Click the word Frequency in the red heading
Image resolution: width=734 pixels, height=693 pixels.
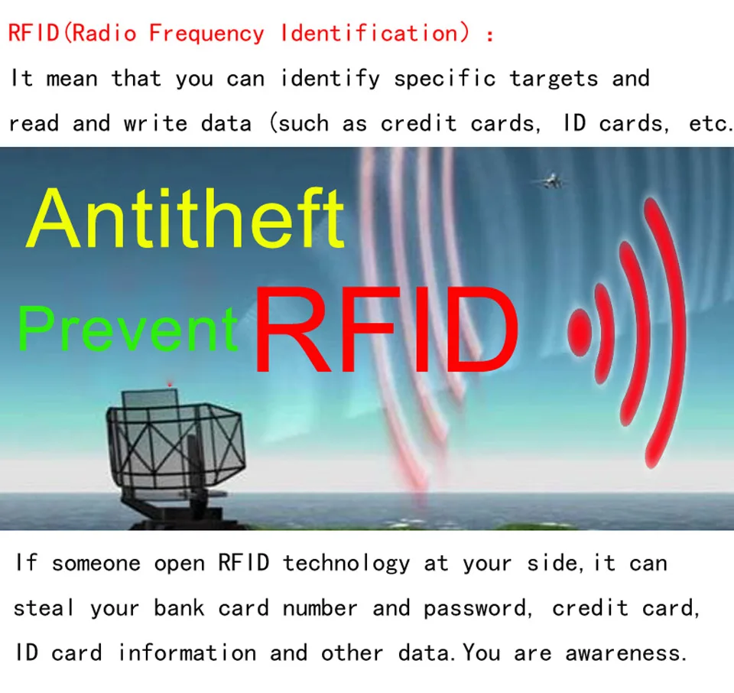(x=206, y=34)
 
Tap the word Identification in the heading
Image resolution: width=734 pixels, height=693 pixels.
(x=369, y=33)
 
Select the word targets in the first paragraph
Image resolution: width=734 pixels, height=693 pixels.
(x=554, y=79)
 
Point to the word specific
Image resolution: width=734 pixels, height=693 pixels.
(x=445, y=78)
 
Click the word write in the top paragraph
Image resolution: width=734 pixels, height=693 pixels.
(x=156, y=123)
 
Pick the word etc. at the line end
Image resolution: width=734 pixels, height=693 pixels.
(x=711, y=124)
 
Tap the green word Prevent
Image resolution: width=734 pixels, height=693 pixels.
(x=128, y=328)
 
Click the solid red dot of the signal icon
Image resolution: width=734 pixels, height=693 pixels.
(x=580, y=332)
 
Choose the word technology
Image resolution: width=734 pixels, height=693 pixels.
(x=346, y=563)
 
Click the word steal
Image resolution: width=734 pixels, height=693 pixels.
(x=44, y=608)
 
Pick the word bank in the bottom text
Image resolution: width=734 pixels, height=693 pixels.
(x=179, y=608)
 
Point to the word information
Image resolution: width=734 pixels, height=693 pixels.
(x=187, y=652)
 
